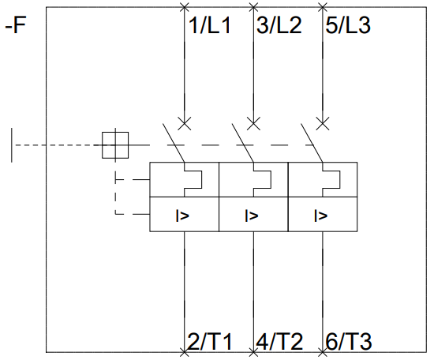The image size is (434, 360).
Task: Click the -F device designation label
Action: point(16,25)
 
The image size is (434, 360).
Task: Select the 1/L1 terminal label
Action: point(209,25)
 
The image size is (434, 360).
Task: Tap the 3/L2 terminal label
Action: point(279,25)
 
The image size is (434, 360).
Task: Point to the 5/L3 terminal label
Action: point(348,25)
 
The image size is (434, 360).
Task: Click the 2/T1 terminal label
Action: point(210,342)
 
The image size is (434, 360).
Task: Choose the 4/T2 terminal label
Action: point(279,342)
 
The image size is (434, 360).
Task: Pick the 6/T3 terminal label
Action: point(349,342)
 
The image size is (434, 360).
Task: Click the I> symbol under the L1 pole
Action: point(182,216)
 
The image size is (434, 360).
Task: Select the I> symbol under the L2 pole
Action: point(252,216)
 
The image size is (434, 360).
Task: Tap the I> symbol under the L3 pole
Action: point(321,216)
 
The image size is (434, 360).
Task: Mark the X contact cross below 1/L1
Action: point(185,123)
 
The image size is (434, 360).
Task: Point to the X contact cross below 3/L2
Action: point(253,123)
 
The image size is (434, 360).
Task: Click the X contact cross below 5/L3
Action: point(323,123)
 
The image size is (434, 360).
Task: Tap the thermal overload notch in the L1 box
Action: point(202,180)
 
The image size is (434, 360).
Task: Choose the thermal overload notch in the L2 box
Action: point(271,180)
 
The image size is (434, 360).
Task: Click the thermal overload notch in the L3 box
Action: point(340,180)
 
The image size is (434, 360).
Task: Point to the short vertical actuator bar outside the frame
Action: point(12,145)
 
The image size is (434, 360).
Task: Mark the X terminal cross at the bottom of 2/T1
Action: point(185,353)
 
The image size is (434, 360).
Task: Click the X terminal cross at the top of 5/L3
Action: point(323,7)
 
